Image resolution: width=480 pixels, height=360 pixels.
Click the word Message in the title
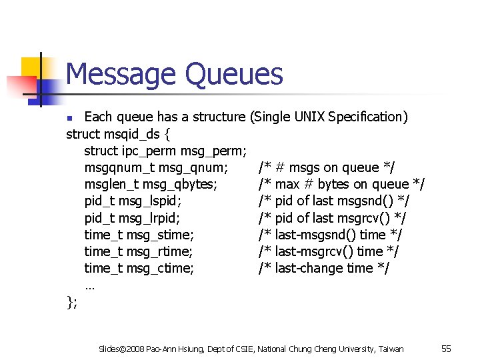pos(122,74)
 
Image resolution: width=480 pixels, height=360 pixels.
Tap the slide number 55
pos(447,349)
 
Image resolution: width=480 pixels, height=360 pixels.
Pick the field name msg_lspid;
pos(151,201)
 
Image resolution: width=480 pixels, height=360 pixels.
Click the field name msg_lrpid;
pos(151,217)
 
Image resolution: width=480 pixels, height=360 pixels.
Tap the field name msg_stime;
pos(160,234)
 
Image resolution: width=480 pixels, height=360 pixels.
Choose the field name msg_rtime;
pos(160,251)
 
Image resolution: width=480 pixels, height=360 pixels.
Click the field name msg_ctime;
pos(160,268)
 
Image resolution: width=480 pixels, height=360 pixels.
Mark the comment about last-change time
pos(324,268)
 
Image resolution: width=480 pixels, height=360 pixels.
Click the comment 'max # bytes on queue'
pos(342,184)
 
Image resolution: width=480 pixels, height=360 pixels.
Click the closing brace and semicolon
pos(72,303)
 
